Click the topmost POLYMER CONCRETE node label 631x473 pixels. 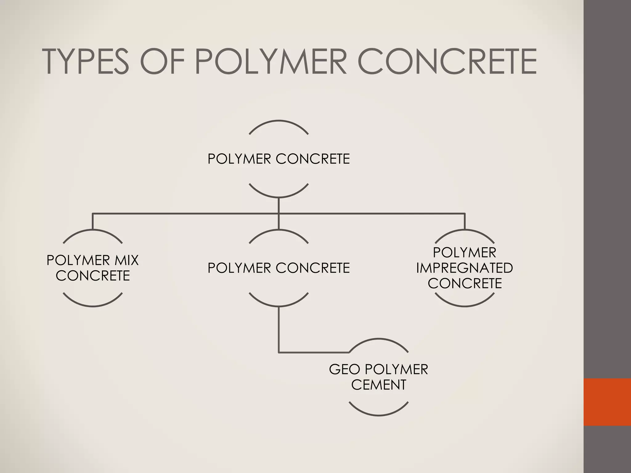tap(279, 159)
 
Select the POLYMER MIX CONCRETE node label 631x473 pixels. tap(93, 268)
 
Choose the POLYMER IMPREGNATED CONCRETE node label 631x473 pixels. tap(465, 268)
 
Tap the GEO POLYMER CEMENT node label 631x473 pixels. tap(379, 377)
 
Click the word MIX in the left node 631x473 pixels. tap(127, 261)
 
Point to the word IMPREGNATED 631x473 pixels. tap(465, 268)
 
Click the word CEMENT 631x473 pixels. tap(379, 385)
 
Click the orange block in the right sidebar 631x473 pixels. tap(607, 402)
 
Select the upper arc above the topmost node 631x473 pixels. tap(279, 121)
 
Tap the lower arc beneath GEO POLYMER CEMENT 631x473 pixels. tap(379, 415)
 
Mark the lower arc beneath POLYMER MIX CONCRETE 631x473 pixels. tap(93, 306)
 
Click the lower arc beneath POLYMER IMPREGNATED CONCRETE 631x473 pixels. tap(465, 306)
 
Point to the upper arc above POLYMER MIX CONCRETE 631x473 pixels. tap(93, 230)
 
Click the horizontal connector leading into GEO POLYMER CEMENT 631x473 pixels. tap(314, 352)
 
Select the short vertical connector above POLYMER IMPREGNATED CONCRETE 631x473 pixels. tap(465, 221)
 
